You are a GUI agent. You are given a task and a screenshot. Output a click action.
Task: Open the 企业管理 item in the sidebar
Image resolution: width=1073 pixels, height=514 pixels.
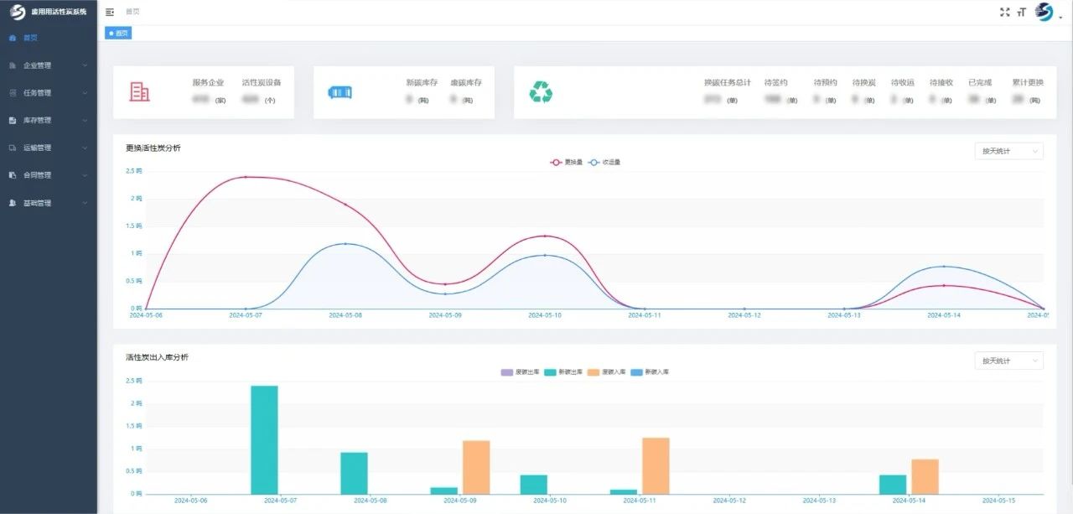click(37, 65)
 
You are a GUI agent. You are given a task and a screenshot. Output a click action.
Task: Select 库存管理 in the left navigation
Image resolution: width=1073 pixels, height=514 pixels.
click(37, 120)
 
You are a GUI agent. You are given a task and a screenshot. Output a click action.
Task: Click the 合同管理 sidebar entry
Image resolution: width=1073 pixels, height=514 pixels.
click(37, 175)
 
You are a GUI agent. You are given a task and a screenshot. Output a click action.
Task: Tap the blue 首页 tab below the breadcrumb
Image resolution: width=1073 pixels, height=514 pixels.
click(118, 33)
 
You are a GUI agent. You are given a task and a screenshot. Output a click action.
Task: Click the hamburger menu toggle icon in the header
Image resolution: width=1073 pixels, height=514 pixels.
click(110, 12)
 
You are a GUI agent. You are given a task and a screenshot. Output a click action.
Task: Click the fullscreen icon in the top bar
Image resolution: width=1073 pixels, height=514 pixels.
click(1005, 12)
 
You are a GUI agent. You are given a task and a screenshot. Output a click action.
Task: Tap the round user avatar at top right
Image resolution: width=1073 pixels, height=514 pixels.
click(1044, 12)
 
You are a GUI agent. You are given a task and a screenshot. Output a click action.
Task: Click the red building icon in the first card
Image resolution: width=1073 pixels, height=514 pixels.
click(140, 92)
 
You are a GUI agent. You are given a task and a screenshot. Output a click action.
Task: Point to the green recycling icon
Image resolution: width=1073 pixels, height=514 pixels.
click(541, 92)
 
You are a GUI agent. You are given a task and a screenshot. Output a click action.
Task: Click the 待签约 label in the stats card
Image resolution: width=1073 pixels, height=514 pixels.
click(776, 83)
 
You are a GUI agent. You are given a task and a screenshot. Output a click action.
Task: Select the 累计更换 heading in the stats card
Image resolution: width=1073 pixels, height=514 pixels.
click(1028, 83)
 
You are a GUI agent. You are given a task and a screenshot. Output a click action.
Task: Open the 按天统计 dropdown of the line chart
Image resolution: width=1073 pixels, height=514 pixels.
click(1008, 151)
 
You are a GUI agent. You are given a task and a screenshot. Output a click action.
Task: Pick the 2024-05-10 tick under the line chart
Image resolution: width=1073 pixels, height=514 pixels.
click(545, 315)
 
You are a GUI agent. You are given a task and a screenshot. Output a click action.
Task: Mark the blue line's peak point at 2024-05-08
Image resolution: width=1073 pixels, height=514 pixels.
click(345, 243)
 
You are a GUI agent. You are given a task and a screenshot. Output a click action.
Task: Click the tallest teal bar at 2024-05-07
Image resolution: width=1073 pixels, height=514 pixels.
click(264, 439)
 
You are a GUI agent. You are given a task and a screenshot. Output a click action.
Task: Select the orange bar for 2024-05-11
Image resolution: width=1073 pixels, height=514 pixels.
click(656, 465)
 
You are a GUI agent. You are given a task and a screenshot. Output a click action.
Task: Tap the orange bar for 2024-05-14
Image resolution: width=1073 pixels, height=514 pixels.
click(925, 476)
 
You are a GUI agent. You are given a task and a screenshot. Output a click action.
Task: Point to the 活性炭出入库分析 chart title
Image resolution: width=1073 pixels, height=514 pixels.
click(157, 357)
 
